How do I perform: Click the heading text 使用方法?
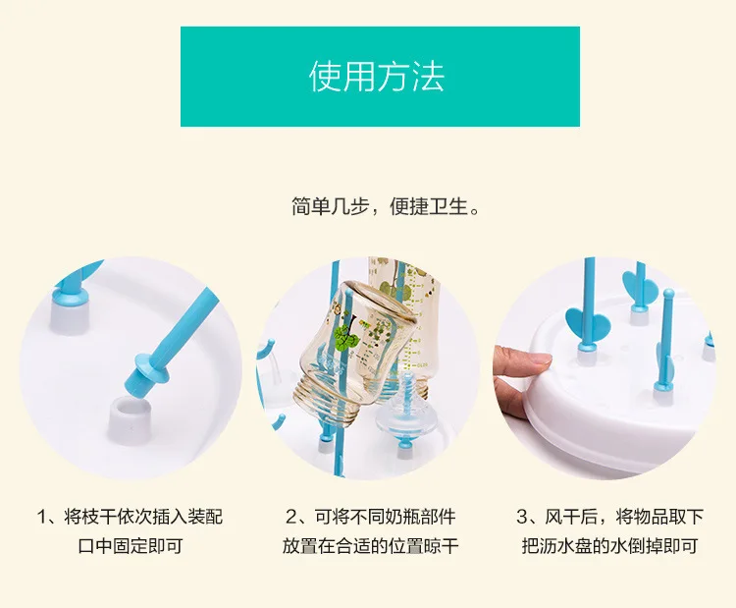tap(377, 76)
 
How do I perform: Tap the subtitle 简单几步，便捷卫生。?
tap(386, 206)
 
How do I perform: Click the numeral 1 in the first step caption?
tap(42, 517)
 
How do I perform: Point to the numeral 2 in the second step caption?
tap(292, 517)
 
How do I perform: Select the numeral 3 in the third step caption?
tap(522, 517)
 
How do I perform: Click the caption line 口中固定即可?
tap(130, 546)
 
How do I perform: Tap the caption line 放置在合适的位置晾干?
tap(370, 546)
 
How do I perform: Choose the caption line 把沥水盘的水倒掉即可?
tap(609, 546)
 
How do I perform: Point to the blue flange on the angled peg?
tap(151, 367)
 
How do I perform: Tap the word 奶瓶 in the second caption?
tap(385, 517)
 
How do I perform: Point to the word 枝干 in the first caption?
tap(98, 517)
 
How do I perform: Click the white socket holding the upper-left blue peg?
tap(70, 317)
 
